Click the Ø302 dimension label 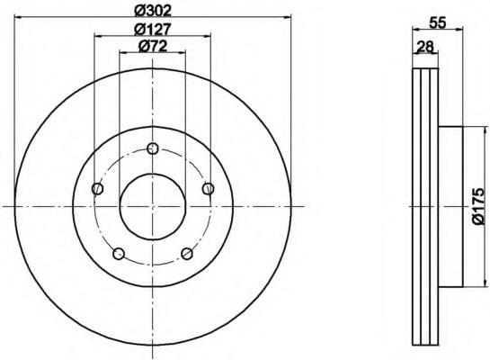coord(153,11)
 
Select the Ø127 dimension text coord(153,29)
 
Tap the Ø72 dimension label coord(153,46)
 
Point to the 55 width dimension coord(437,22)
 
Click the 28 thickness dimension coord(425,47)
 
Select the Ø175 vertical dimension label coord(477,206)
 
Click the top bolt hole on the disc coord(153,148)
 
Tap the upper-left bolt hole coord(98,189)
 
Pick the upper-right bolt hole coord(208,189)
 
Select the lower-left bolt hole coord(119,254)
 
